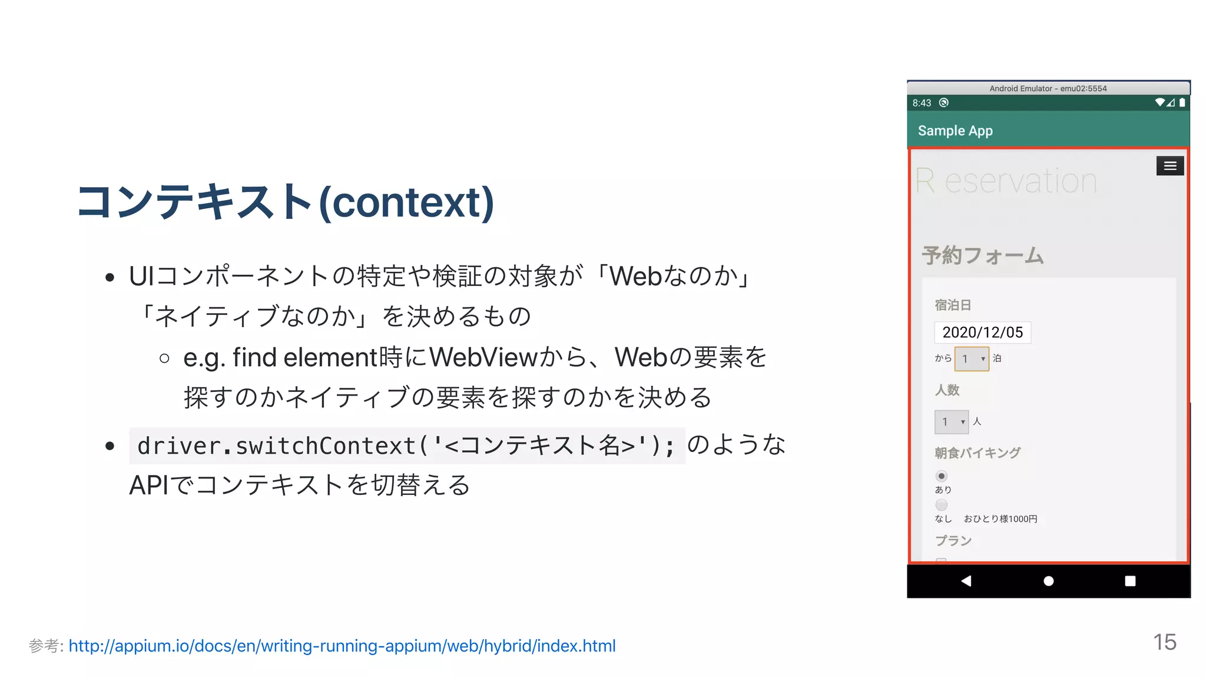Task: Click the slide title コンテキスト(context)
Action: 285,202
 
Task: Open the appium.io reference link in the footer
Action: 342,646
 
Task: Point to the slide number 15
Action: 1164,642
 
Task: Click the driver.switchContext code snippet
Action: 406,446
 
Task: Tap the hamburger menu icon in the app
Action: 1169,166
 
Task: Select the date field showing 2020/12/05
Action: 982,333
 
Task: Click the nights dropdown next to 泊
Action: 972,358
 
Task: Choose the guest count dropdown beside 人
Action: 951,421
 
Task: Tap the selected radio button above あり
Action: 942,476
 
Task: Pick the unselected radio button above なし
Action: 942,505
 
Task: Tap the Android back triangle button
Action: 966,581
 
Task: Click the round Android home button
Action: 1048,581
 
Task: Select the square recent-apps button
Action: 1130,581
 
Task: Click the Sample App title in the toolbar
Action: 955,131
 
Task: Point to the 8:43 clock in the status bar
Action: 922,103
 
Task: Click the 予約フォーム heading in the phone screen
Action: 983,255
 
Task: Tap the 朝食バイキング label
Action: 978,453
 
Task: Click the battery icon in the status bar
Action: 1182,102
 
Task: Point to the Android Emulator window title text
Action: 1048,88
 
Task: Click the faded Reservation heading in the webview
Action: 1006,181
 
